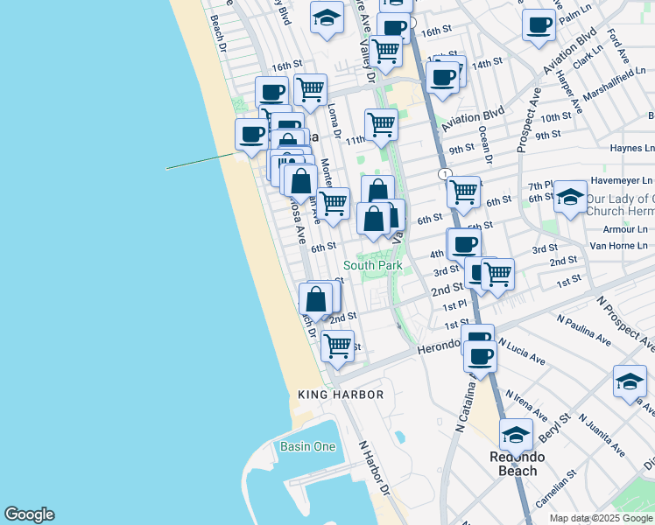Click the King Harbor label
[340, 395]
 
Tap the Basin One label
[307, 446]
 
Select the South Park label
[373, 265]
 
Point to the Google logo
[29, 514]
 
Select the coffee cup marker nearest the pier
[252, 134]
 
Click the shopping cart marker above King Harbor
[337, 345]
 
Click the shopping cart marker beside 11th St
[381, 123]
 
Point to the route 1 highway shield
[446, 174]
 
